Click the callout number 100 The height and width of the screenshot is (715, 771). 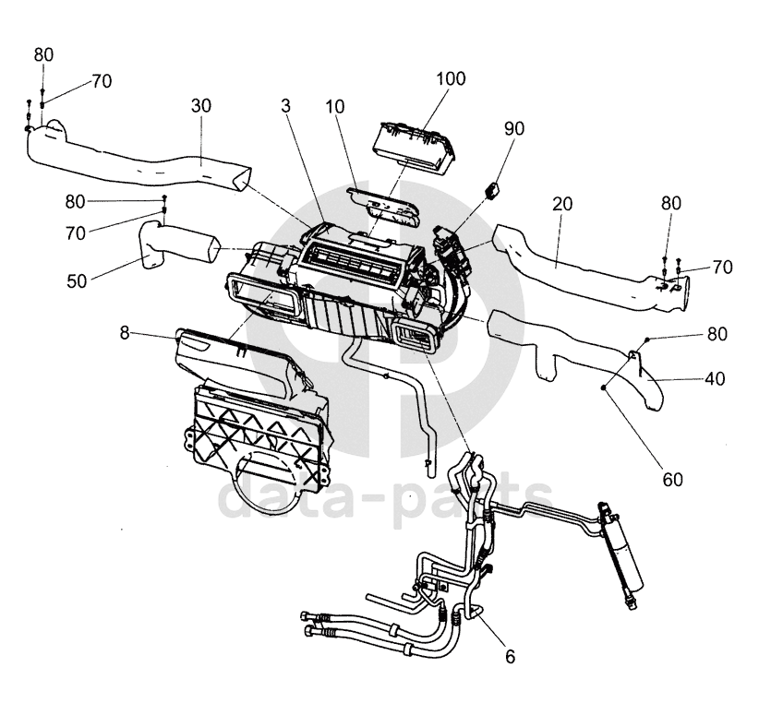click(x=451, y=78)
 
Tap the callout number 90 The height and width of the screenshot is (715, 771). click(x=513, y=128)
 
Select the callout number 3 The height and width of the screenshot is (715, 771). click(x=285, y=106)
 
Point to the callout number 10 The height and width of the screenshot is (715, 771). click(x=335, y=107)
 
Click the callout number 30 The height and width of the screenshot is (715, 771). click(x=201, y=106)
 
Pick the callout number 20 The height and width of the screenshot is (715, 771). click(x=562, y=204)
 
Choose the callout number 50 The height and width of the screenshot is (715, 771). click(x=77, y=281)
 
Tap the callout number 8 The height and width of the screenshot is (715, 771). click(x=125, y=333)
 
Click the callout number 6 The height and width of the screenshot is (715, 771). click(x=510, y=657)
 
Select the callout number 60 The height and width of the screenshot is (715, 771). click(x=672, y=479)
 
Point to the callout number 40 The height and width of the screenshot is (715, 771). click(x=715, y=379)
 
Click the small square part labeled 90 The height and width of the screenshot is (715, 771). click(x=492, y=189)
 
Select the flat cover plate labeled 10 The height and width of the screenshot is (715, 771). click(x=383, y=206)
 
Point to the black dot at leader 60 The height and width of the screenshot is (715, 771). click(x=603, y=388)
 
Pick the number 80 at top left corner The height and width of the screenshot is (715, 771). click(x=43, y=55)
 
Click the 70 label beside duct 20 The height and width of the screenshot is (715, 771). click(x=722, y=268)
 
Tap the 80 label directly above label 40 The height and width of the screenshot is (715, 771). click(x=717, y=334)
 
